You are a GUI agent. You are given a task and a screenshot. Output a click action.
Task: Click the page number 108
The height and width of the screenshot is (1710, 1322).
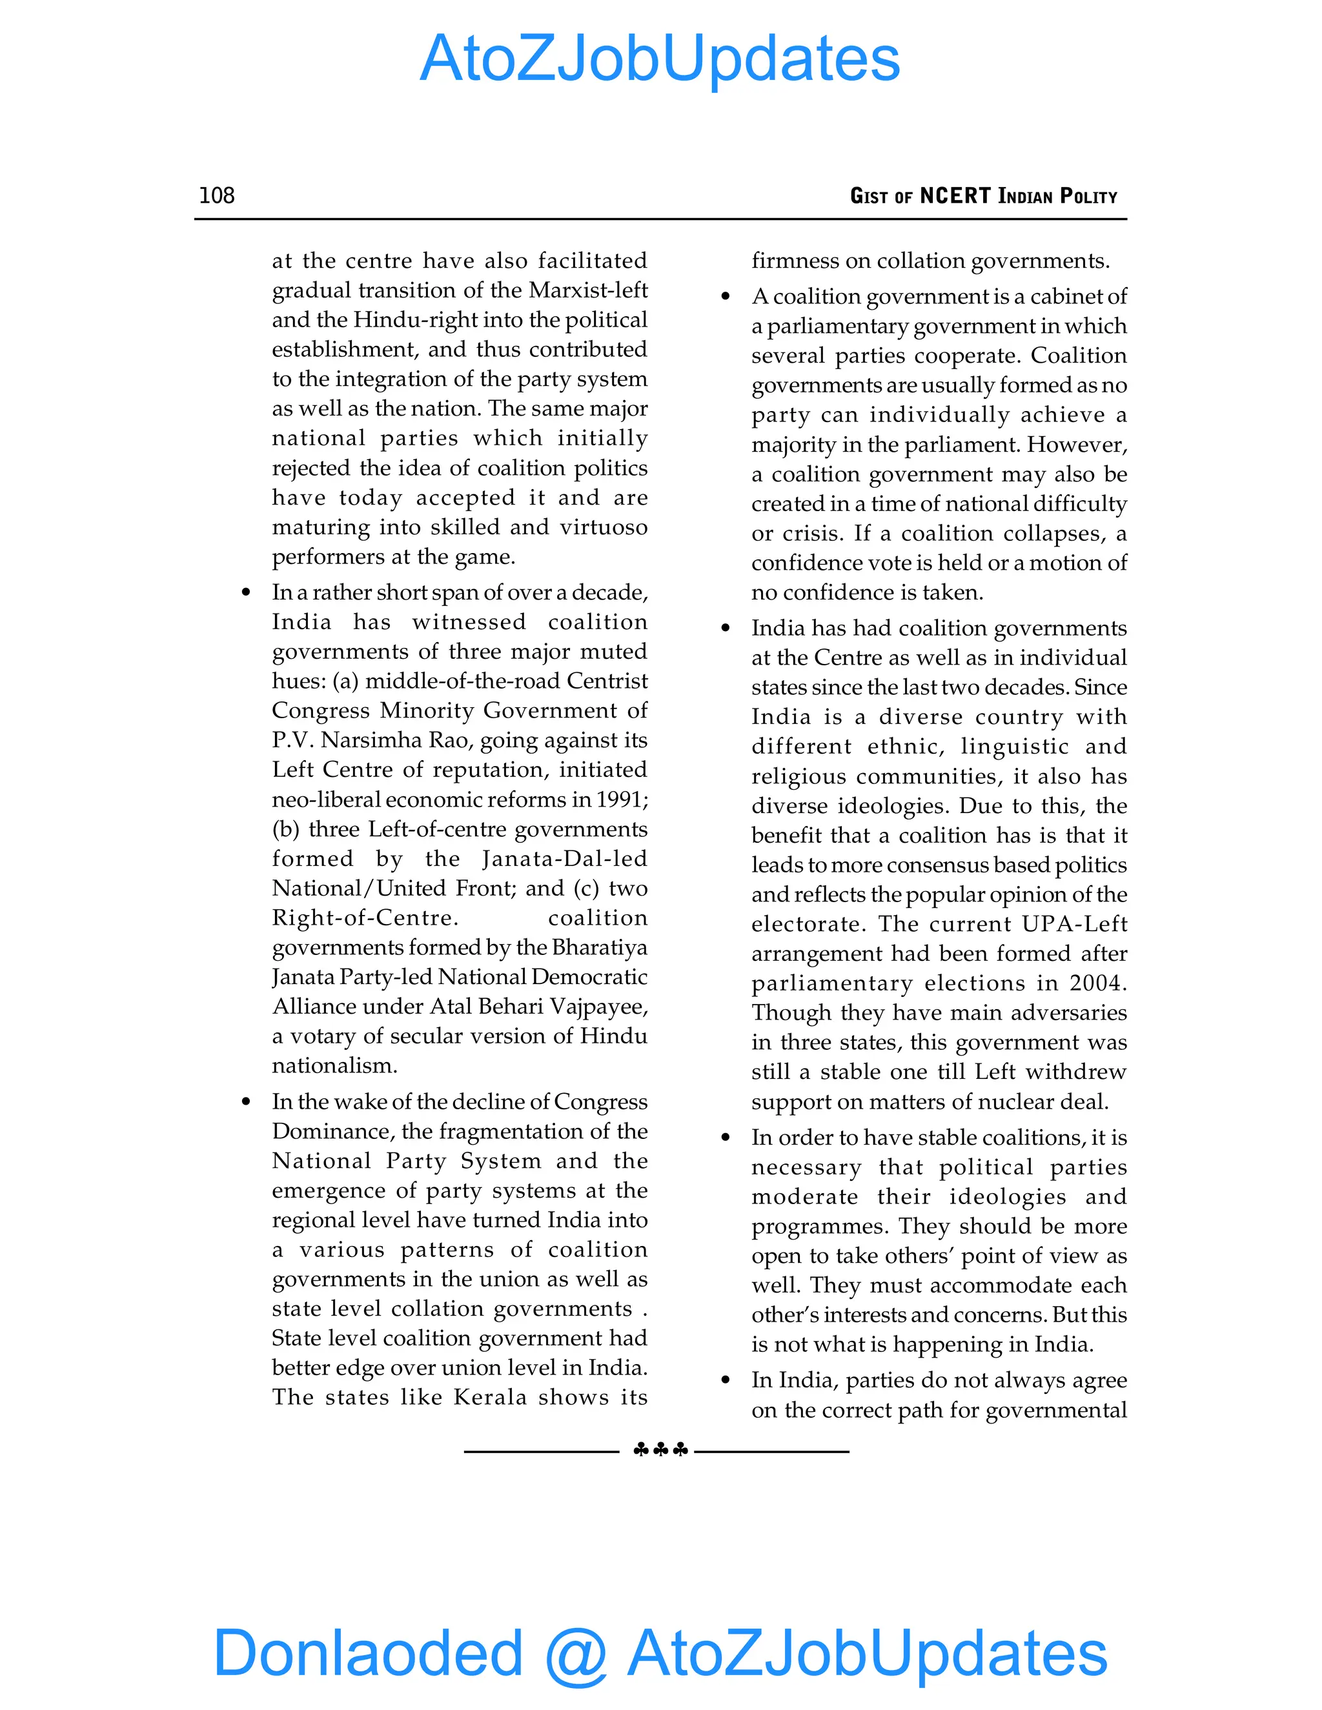(x=217, y=195)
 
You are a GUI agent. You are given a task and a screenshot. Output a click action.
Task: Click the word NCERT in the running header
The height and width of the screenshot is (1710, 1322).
(x=955, y=196)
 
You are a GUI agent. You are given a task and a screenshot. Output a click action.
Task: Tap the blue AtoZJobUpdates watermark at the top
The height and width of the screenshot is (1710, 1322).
(x=660, y=59)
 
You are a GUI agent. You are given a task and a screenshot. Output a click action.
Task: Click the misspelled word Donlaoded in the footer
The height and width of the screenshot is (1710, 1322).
(x=368, y=1652)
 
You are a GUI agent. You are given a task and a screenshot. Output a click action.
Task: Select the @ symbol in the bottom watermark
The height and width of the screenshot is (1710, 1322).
(x=576, y=1654)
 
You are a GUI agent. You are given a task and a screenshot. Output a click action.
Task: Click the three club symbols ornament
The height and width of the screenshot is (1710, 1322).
(x=660, y=1450)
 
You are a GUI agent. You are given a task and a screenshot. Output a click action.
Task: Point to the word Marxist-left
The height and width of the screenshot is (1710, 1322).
(x=588, y=290)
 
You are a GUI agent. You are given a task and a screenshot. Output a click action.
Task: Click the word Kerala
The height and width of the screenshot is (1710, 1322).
(x=489, y=1398)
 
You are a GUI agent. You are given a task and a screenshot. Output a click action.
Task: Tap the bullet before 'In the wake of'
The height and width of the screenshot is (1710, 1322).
(x=246, y=1101)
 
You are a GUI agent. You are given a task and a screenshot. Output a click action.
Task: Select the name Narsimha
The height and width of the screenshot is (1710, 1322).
(x=372, y=740)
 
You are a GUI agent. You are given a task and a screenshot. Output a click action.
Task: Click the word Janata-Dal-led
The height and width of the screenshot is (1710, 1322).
(x=565, y=859)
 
